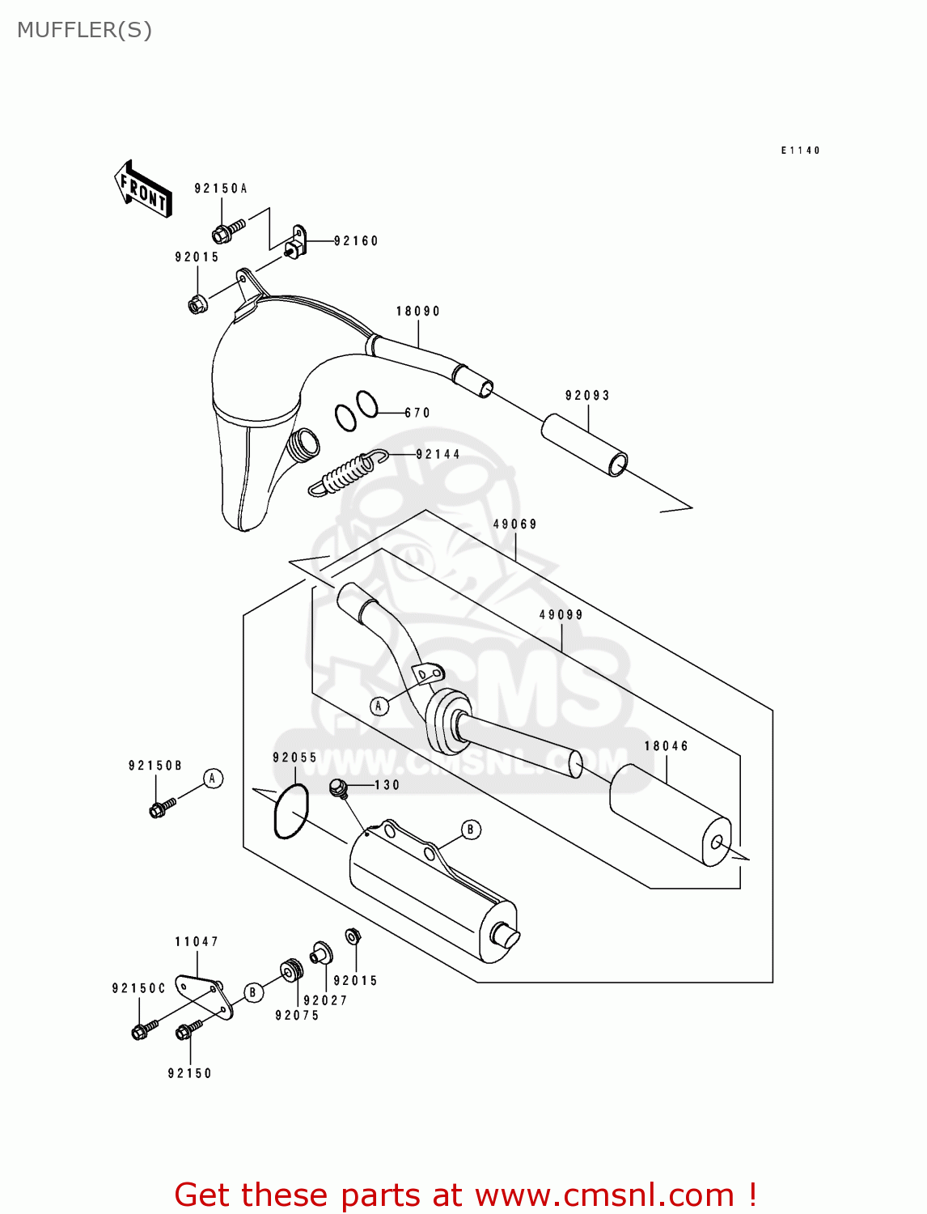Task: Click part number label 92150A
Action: [220, 189]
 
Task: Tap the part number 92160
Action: [356, 241]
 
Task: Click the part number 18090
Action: [418, 312]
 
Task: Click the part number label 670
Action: [417, 413]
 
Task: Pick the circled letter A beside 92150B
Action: [213, 779]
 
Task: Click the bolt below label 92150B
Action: [161, 807]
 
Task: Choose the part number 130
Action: [387, 785]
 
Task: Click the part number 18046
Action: [667, 746]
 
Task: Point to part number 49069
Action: [515, 524]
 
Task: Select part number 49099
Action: [561, 615]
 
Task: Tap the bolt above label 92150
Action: [188, 1029]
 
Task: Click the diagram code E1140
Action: [800, 151]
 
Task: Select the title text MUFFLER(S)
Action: [84, 30]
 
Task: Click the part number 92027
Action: [325, 1000]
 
